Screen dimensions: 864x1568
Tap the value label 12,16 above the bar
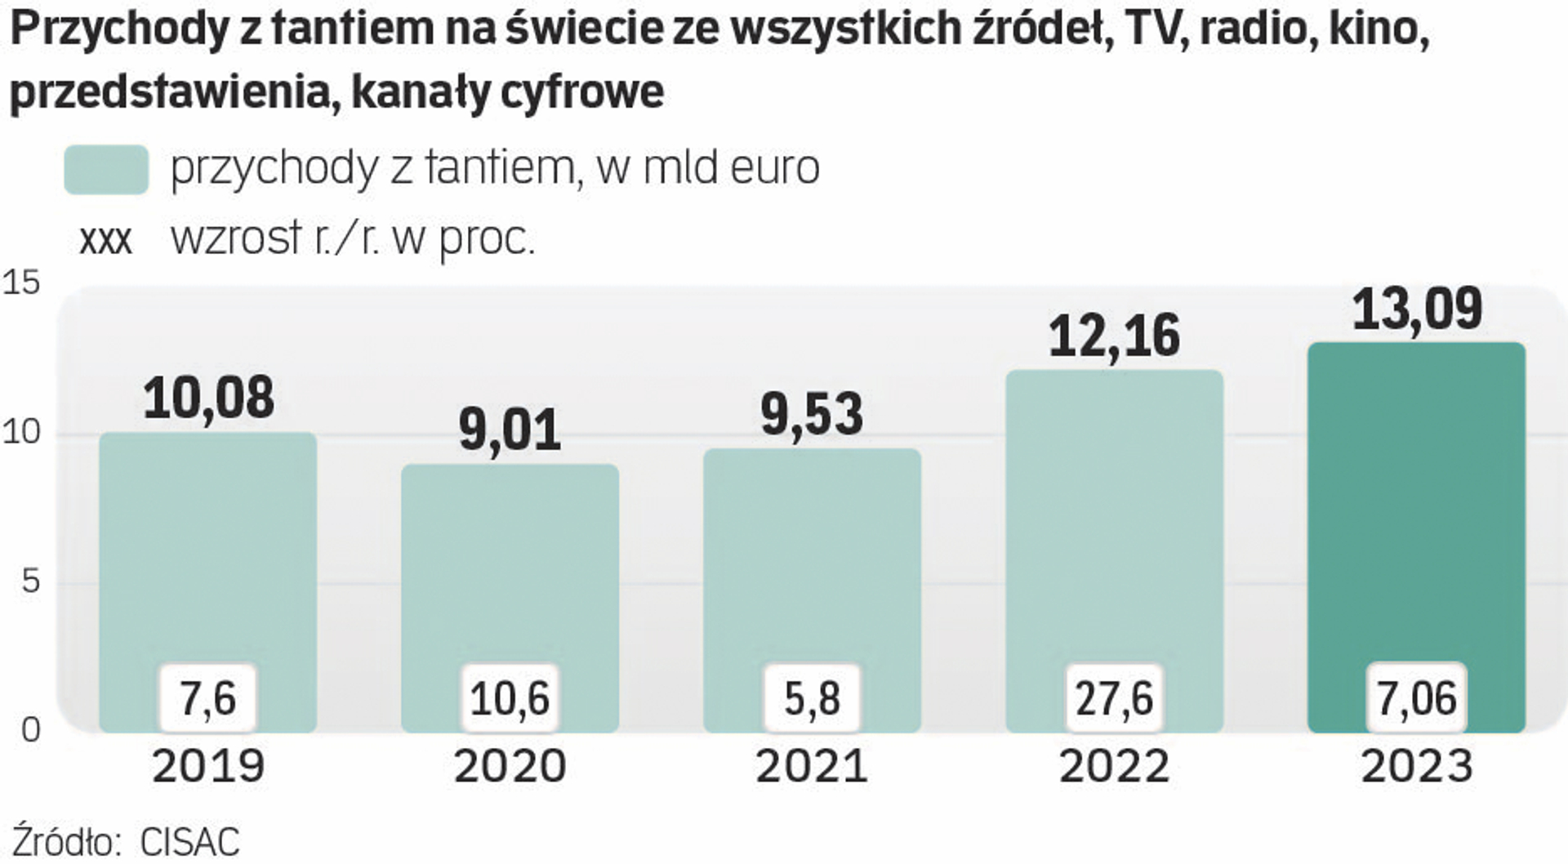(1114, 336)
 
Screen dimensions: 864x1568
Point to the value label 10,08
(208, 399)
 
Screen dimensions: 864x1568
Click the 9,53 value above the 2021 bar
(812, 414)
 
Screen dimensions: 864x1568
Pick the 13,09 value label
(1417, 309)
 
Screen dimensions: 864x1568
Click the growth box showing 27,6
(1114, 698)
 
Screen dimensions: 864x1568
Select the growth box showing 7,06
(1417, 698)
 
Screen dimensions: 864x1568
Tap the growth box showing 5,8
(812, 698)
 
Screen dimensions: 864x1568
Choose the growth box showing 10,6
(510, 698)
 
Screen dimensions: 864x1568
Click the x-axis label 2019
(208, 766)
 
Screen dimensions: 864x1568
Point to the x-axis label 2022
(1114, 766)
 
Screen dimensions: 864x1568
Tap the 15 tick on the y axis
(22, 283)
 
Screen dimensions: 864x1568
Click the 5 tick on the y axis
(30, 581)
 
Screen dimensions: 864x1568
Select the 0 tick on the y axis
(30, 729)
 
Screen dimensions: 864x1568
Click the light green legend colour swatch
(106, 170)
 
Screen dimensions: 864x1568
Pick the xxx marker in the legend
(105, 240)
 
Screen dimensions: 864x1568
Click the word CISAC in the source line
(189, 842)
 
